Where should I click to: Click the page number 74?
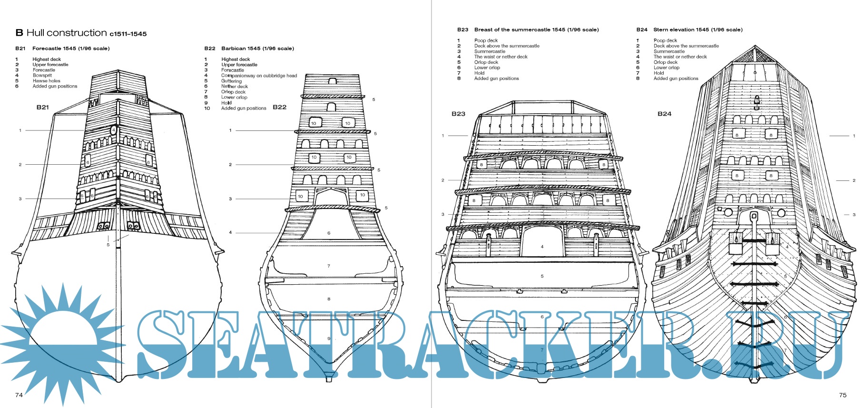point(19,395)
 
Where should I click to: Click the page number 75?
point(843,395)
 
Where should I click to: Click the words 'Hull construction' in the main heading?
point(67,33)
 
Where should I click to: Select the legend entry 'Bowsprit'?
point(42,75)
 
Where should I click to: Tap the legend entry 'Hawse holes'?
point(47,81)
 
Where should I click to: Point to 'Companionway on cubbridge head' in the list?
point(259,76)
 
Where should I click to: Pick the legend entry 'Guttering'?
point(231,81)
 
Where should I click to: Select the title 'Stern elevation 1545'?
point(681,30)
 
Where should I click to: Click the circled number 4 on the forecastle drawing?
point(114,130)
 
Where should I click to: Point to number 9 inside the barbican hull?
point(329,339)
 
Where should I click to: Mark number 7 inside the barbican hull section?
point(329,266)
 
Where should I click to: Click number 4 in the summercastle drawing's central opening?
point(542,247)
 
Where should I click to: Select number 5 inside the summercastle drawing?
point(542,276)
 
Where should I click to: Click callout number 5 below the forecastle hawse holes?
point(108,245)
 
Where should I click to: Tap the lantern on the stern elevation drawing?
point(757,102)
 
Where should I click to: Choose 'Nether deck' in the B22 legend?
point(235,87)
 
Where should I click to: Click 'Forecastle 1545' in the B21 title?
point(54,49)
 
